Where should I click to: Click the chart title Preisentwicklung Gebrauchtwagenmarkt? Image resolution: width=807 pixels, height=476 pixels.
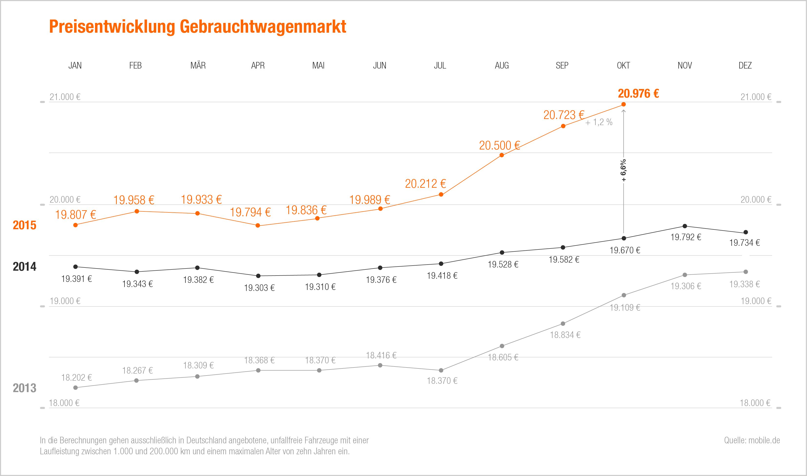click(x=197, y=27)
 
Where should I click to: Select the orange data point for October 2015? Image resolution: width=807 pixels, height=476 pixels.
click(x=623, y=104)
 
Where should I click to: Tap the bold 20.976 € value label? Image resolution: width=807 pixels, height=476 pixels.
click(x=638, y=93)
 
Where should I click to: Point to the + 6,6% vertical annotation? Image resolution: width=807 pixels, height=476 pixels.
click(x=623, y=170)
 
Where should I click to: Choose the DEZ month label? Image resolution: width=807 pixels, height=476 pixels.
click(x=745, y=65)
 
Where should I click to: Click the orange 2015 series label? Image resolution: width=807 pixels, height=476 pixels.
click(x=24, y=225)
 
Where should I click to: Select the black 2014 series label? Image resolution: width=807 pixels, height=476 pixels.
click(x=24, y=267)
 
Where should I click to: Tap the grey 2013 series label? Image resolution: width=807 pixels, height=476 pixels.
click(x=24, y=388)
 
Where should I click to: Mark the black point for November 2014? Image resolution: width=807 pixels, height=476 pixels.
click(x=685, y=226)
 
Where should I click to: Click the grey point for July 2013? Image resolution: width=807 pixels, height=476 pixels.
click(x=441, y=370)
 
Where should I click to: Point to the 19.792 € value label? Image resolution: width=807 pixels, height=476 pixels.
click(x=686, y=237)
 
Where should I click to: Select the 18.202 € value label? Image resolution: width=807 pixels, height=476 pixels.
click(x=76, y=377)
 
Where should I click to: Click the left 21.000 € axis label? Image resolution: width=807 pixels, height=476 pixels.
click(x=65, y=97)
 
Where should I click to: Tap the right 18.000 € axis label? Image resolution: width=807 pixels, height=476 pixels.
click(x=755, y=403)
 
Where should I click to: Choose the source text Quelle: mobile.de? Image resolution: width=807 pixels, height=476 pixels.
click(x=752, y=440)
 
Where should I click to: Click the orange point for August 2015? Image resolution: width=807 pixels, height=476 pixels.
click(x=502, y=155)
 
